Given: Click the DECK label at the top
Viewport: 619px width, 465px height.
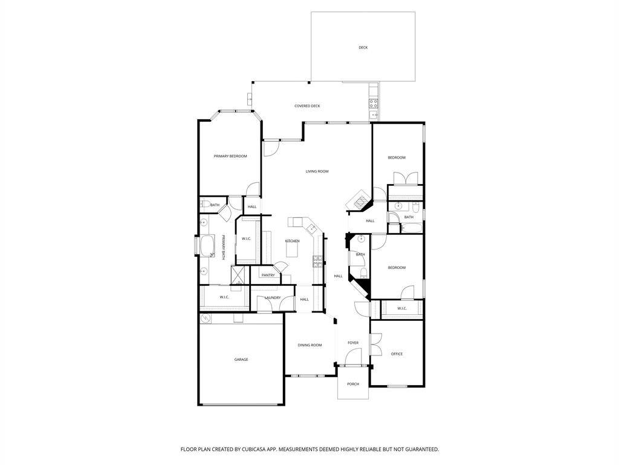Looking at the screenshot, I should (x=363, y=47).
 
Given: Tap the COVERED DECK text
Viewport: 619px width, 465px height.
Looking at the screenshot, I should (x=307, y=106).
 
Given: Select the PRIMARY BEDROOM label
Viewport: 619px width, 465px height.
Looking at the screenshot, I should (x=230, y=156).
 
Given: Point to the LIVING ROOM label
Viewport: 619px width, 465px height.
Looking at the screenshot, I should (x=317, y=171).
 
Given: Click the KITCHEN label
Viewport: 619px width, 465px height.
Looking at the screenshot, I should (x=292, y=241).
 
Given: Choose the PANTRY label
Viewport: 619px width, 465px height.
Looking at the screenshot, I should (x=268, y=275).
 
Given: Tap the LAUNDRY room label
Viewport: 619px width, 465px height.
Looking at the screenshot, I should (x=272, y=298).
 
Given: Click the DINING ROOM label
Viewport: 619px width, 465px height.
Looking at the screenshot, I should (x=309, y=345).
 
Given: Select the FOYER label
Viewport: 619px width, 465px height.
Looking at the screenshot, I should (x=353, y=343).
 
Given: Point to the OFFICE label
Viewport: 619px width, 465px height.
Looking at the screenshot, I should (x=397, y=354).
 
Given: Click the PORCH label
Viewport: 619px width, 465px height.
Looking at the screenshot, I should (x=353, y=384).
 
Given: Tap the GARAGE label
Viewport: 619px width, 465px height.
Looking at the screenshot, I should (x=241, y=360).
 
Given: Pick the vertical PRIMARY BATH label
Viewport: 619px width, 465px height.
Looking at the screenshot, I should (x=223, y=248).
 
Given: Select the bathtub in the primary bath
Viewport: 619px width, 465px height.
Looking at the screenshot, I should (x=207, y=247).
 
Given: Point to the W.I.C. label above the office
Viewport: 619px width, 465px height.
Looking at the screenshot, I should (x=402, y=309).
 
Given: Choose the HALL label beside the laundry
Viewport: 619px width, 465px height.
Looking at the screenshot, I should (x=305, y=299).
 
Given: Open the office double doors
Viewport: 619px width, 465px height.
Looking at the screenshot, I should (x=376, y=345).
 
